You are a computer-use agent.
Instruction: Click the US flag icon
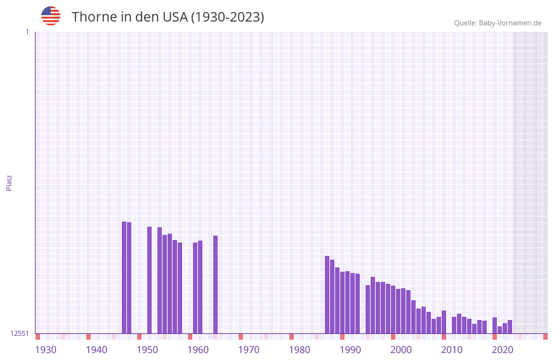pyautogui.click(x=51, y=16)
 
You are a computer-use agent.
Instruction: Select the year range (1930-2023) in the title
pyautogui.click(x=227, y=17)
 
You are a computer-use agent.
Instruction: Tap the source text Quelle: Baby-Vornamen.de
pyautogui.click(x=498, y=23)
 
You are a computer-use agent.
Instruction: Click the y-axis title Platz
pyautogui.click(x=9, y=182)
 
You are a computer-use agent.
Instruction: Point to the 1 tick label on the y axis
pyautogui.click(x=27, y=32)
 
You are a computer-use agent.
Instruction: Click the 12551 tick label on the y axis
pyautogui.click(x=20, y=333)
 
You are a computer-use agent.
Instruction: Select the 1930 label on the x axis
pyautogui.click(x=46, y=350)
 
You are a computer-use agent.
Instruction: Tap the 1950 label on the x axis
pyautogui.click(x=147, y=350)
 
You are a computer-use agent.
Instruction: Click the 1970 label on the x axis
pyautogui.click(x=249, y=350)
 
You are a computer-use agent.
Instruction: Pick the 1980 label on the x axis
pyautogui.click(x=300, y=350)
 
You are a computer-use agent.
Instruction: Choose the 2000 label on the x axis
pyautogui.click(x=401, y=350)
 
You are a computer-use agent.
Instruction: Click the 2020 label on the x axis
pyautogui.click(x=503, y=350)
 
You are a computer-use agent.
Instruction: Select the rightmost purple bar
pyautogui.click(x=510, y=327)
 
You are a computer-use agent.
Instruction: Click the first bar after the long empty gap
pyautogui.click(x=327, y=295)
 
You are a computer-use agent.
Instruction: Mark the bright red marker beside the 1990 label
pyautogui.click(x=343, y=337)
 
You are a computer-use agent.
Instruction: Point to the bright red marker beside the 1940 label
pyautogui.click(x=89, y=337)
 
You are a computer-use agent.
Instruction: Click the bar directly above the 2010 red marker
pyautogui.click(x=444, y=322)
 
